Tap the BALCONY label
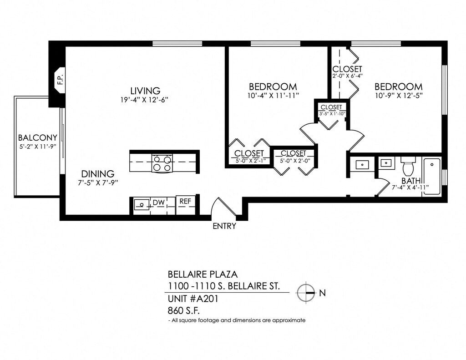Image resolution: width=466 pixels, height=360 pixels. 37,137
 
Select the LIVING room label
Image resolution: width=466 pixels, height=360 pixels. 145,91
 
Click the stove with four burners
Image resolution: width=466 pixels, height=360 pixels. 162,163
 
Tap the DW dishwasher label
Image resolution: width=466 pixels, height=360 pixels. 159,203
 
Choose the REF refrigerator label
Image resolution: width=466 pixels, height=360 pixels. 185,201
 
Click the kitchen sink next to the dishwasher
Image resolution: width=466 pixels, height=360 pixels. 142,204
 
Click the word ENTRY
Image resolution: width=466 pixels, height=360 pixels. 224,226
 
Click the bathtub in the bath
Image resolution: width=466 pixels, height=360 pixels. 432,177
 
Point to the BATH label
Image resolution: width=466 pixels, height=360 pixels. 411,180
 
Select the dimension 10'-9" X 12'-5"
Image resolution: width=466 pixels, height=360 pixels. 398,96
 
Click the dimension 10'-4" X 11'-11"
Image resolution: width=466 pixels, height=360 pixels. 273,96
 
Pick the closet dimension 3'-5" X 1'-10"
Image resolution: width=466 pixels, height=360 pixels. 332,114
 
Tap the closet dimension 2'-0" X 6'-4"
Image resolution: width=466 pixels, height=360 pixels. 347,76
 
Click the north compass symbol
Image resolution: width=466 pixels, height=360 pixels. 305,293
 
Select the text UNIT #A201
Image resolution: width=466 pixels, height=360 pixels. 193,299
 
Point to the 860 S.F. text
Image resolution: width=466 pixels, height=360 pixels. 184,311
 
